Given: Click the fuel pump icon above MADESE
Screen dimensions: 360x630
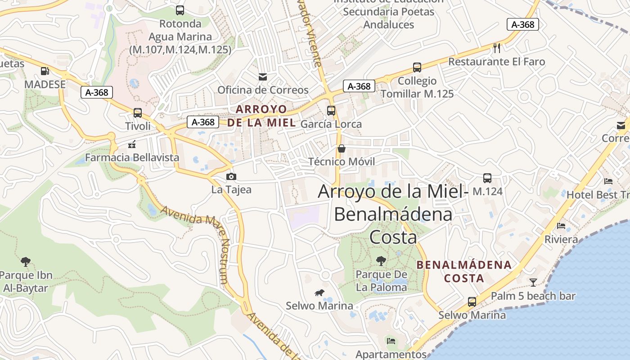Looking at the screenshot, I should coord(45,71).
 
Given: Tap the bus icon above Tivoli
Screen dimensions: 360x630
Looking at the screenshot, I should coord(138,113).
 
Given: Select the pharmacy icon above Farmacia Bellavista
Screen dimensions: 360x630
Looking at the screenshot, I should coord(132,144).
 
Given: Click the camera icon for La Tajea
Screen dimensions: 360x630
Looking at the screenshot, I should coord(231,177).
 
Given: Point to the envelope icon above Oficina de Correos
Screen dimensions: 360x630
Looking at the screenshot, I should coord(263,77).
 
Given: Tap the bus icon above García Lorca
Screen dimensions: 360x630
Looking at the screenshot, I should coord(331,111).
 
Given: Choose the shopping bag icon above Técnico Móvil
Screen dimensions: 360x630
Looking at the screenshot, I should coord(342,148).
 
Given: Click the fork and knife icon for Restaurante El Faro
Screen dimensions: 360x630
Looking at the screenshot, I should coord(497,48).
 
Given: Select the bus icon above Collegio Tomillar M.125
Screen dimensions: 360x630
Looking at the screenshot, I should coord(417,68).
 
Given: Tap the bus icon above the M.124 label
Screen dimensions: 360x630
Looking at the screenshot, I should coord(487,178).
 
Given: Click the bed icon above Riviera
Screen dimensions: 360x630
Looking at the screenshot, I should coord(561,226).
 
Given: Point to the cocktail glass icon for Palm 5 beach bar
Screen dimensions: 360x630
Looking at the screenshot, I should coord(533,283).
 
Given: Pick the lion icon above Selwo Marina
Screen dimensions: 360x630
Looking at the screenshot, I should coord(319,293).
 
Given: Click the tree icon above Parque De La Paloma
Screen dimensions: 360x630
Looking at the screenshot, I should coord(381,261).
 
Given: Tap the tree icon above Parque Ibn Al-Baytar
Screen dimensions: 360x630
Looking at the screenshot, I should coord(26,261).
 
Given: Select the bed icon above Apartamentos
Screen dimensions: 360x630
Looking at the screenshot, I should coord(391,341).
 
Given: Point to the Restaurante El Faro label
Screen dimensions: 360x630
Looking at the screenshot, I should coord(496,62).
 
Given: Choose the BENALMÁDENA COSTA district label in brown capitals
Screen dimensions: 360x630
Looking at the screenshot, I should coord(464,271).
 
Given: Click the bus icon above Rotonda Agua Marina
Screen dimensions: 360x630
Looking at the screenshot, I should coord(180,10).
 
